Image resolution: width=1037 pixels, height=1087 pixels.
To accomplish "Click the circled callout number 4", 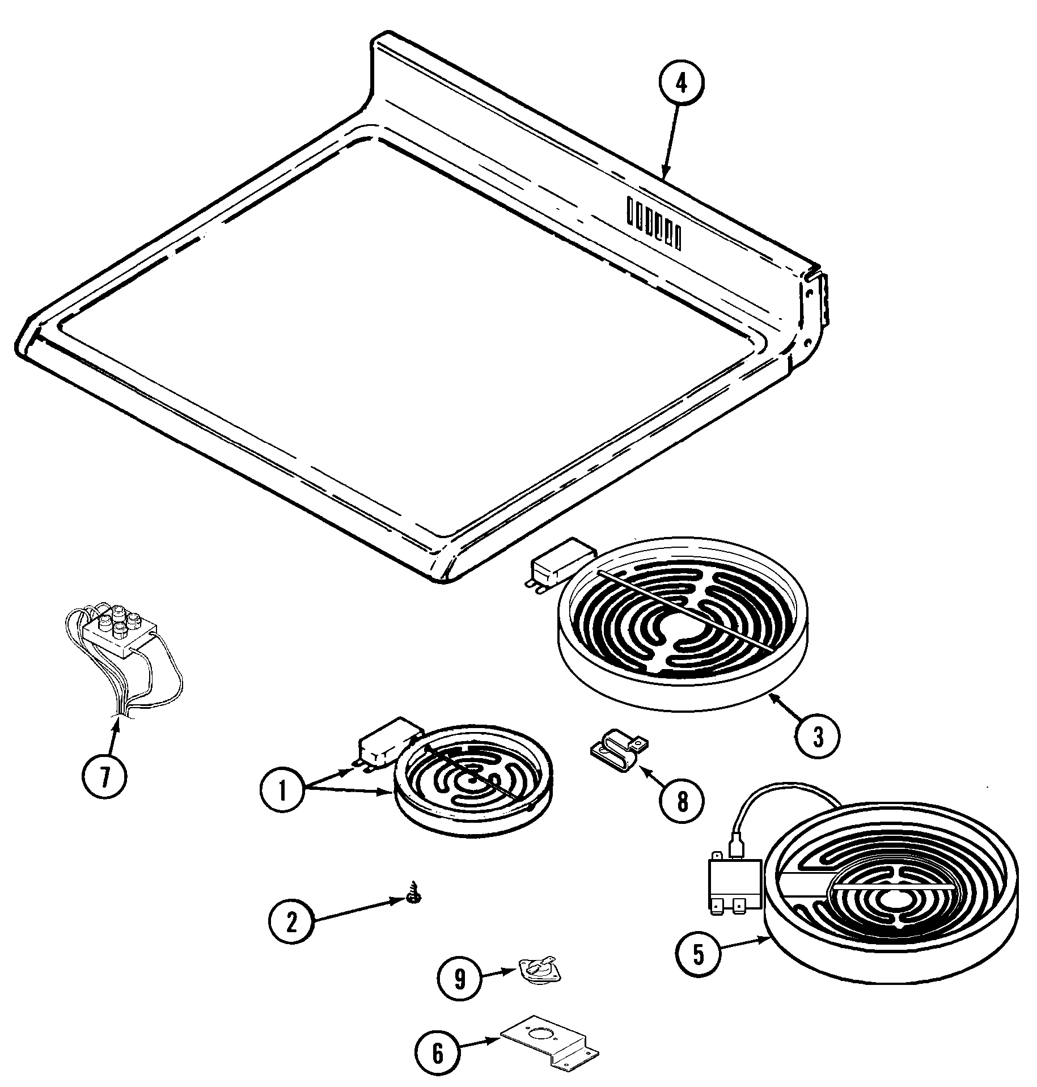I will point(681,84).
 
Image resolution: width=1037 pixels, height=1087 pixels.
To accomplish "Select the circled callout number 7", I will point(104,777).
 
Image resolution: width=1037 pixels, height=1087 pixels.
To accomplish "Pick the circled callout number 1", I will point(282,792).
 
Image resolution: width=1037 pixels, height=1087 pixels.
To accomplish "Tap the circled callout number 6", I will point(437,1054).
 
